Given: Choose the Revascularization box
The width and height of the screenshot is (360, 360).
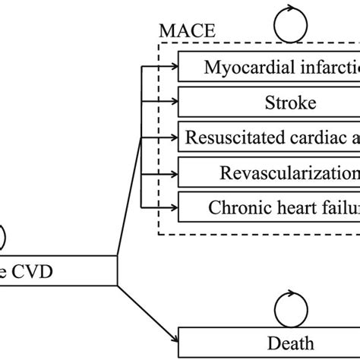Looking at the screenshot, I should pyautogui.click(x=270, y=172).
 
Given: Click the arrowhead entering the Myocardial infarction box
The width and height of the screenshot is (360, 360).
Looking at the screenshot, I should pyautogui.click(x=174, y=67).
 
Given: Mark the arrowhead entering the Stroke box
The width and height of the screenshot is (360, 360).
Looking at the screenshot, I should pyautogui.click(x=174, y=102).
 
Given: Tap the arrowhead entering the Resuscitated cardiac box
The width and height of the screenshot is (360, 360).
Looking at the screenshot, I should pyautogui.click(x=174, y=137).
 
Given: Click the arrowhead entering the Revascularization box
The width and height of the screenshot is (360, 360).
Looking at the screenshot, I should pyautogui.click(x=174, y=172).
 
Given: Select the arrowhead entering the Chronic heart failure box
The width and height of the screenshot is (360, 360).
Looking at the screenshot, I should pyautogui.click(x=174, y=206).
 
